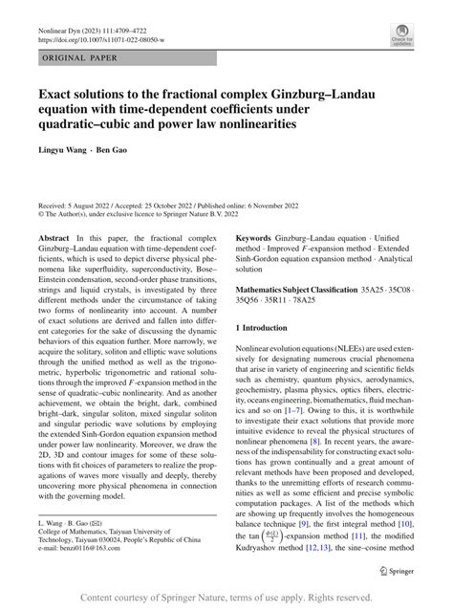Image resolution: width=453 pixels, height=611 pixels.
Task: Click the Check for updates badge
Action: coord(400,36)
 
